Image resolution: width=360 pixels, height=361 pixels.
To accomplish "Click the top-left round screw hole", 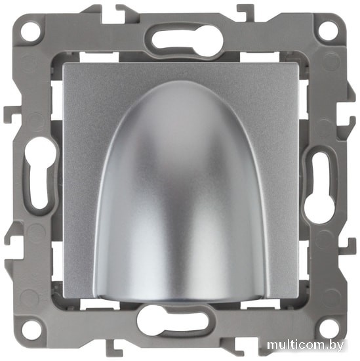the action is [31, 32].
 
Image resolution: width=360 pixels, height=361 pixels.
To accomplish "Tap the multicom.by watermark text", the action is [306, 345].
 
